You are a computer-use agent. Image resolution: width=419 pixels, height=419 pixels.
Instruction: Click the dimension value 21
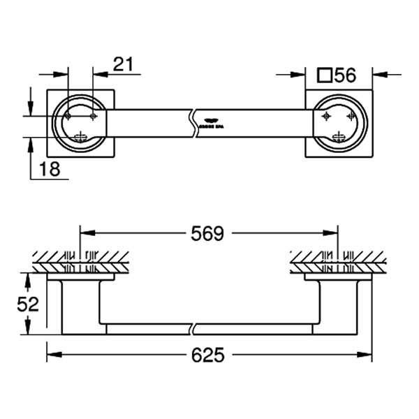(x=123, y=64)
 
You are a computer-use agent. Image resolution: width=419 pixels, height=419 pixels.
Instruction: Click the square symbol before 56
(x=324, y=75)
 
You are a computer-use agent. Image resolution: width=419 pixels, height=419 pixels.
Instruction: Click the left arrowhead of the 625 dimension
(x=51, y=355)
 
